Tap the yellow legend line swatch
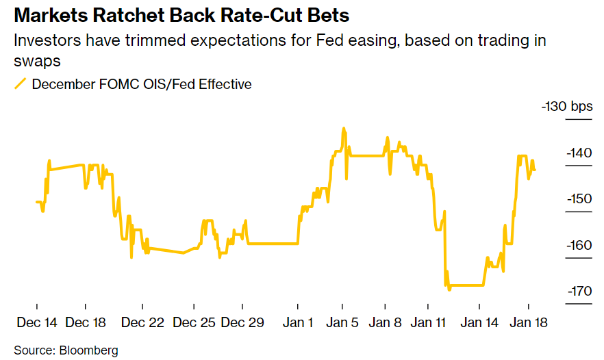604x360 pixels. (20, 84)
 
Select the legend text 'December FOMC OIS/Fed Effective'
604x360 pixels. (142, 84)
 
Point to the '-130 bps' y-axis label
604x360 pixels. (567, 107)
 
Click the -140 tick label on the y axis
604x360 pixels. (579, 153)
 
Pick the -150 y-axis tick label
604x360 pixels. (579, 199)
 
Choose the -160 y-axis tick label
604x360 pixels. (579, 245)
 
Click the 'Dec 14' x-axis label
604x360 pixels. (38, 322)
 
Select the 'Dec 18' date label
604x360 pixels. (86, 322)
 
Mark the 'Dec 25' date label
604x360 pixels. (194, 322)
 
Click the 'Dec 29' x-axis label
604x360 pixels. (243, 322)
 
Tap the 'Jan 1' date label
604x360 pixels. (299, 322)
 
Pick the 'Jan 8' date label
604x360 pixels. (386, 322)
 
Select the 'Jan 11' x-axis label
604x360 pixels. (431, 322)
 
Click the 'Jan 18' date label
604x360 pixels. (529, 322)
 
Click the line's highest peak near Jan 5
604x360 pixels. (343, 129)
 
